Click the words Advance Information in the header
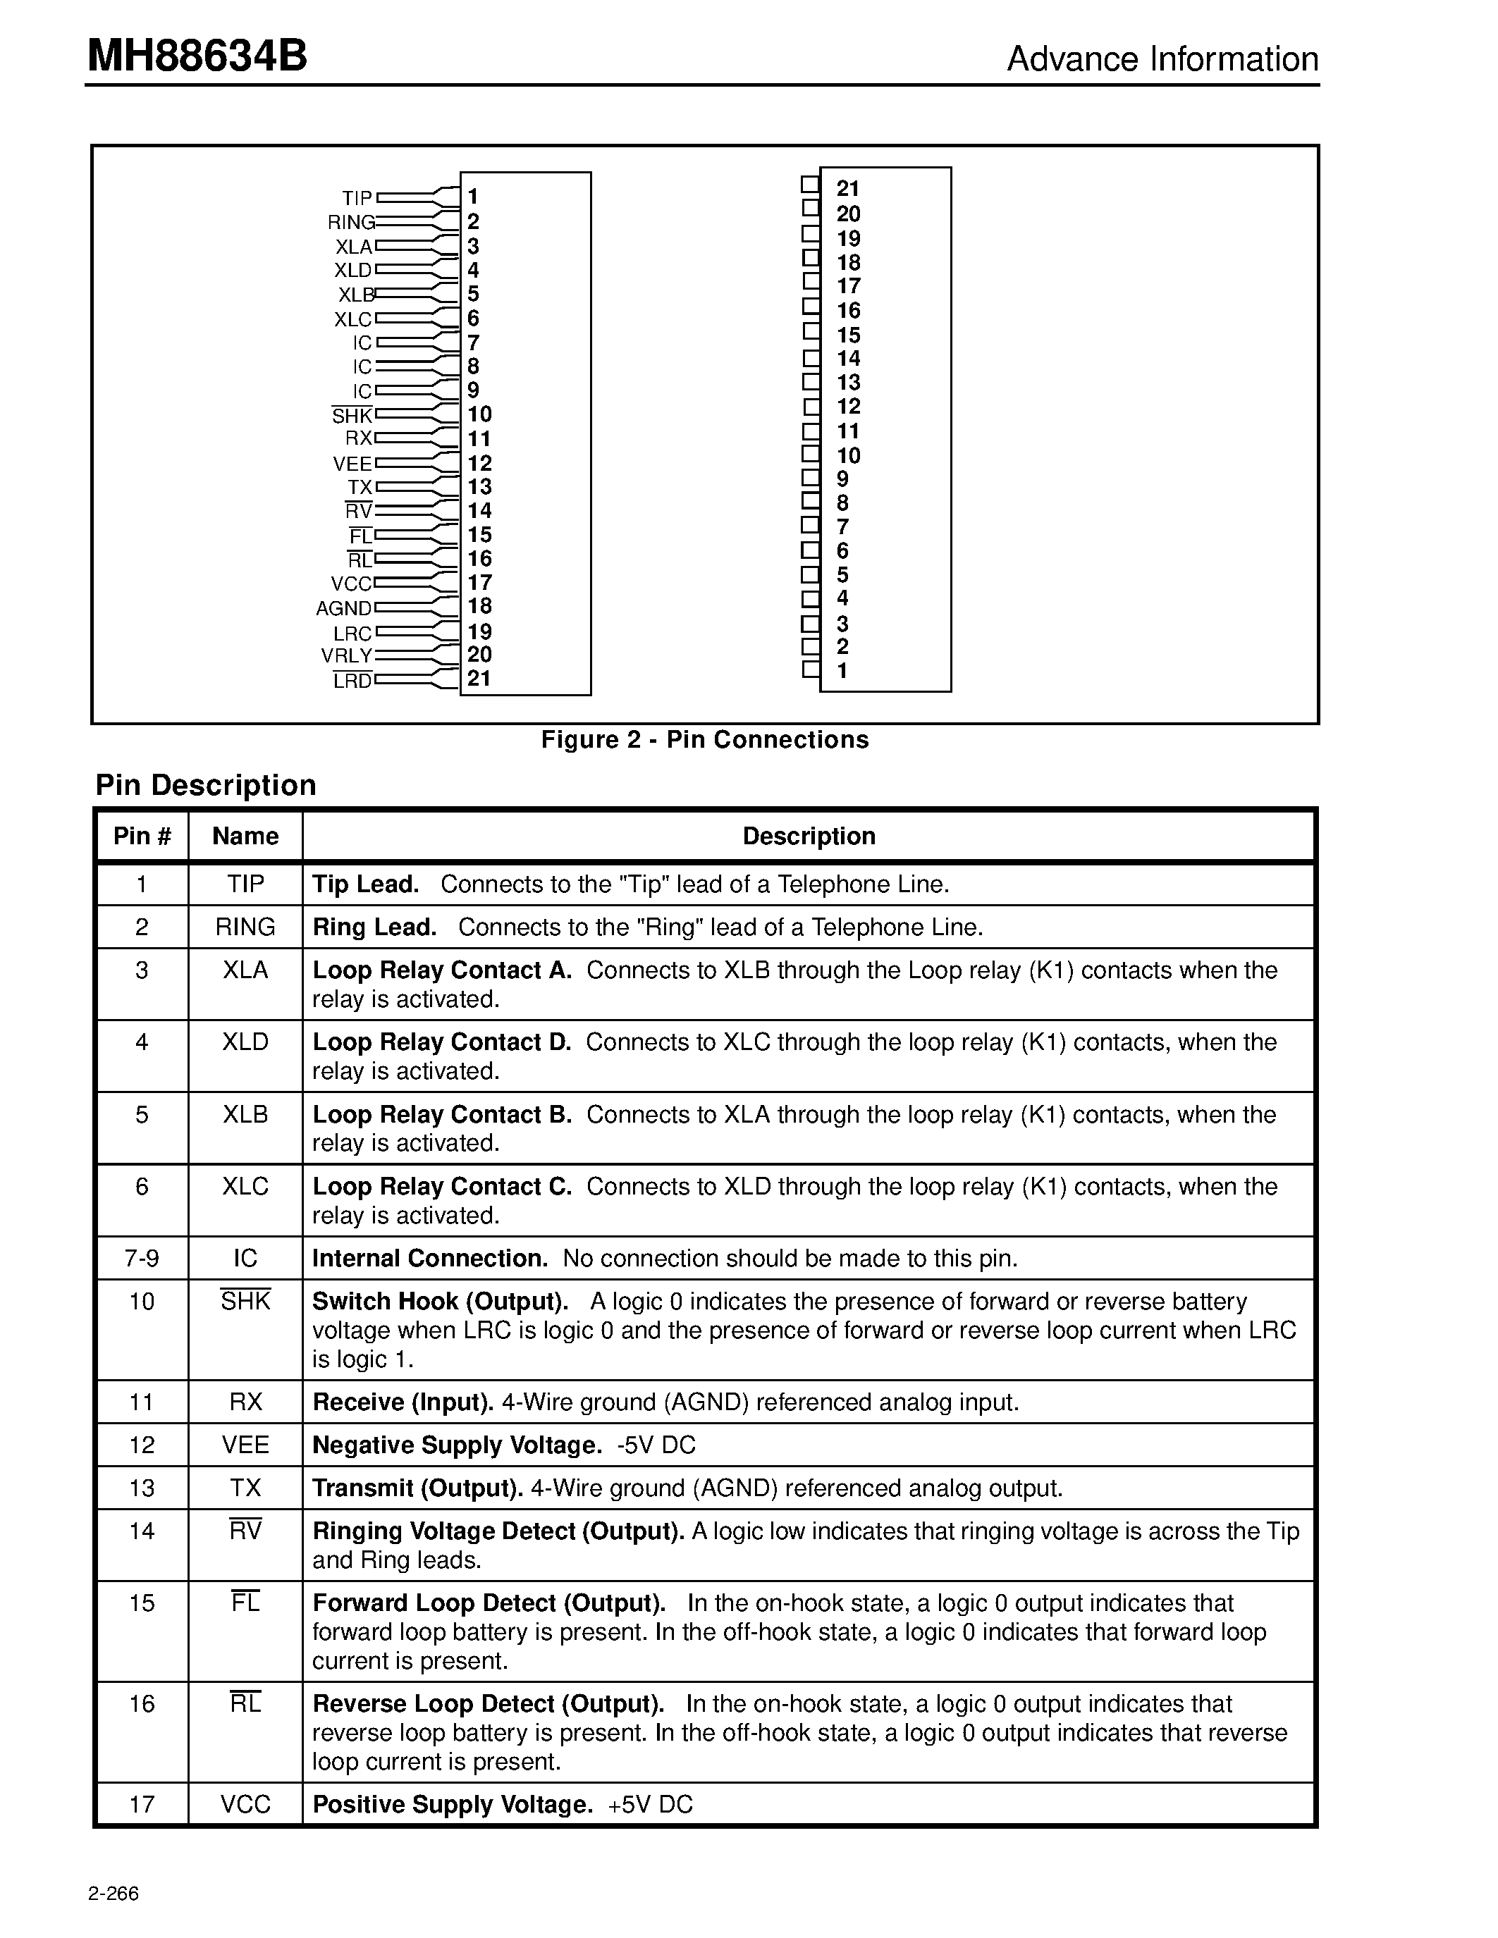[x=1162, y=59]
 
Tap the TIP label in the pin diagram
[x=357, y=198]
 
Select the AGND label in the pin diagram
[x=343, y=609]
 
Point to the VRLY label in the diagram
[x=346, y=656]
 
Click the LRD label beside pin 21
[x=352, y=681]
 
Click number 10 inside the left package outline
[x=479, y=414]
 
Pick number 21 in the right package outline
[x=847, y=188]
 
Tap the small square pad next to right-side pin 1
[x=810, y=669]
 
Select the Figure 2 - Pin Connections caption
[x=705, y=739]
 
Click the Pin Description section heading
[x=206, y=785]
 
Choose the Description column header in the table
[x=809, y=836]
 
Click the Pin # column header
[x=142, y=836]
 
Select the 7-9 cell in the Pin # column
[x=142, y=1258]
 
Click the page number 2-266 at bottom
[x=113, y=1894]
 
